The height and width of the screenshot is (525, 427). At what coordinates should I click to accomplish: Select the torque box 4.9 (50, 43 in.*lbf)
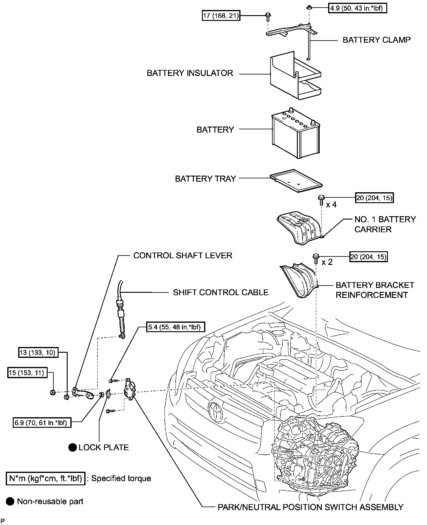[x=358, y=8]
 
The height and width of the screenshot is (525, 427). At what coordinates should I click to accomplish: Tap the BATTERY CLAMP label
[x=376, y=40]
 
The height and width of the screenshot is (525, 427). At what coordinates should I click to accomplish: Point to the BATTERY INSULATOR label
[x=190, y=73]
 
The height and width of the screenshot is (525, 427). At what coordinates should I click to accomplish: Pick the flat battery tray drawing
[x=296, y=181]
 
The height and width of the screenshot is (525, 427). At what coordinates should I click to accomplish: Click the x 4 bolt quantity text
[x=331, y=205]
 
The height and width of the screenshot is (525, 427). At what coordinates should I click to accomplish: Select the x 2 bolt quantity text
[x=327, y=262]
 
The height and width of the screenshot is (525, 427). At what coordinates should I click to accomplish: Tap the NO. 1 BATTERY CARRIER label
[x=385, y=224]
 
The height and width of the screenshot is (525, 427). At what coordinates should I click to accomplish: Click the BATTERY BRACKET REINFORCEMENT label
[x=375, y=290]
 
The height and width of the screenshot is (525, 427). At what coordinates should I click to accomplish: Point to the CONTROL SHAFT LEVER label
[x=183, y=256]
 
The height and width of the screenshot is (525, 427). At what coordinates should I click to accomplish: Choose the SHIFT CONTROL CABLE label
[x=220, y=292]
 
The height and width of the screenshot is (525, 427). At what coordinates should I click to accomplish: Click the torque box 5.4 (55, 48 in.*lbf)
[x=176, y=327]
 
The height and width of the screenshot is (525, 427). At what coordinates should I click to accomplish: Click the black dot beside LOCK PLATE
[x=72, y=447]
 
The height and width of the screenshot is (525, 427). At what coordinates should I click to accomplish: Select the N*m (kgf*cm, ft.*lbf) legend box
[x=45, y=478]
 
